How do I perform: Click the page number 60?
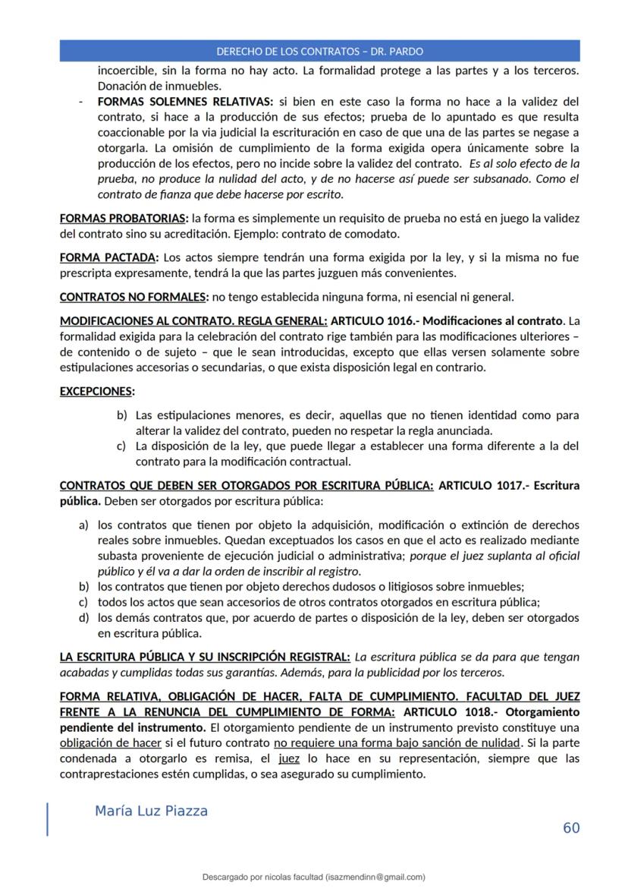coord(570,828)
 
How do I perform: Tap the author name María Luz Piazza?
coord(151,811)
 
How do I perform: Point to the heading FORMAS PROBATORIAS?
coord(124,219)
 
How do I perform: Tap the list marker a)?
coord(84,525)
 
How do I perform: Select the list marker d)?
coord(84,618)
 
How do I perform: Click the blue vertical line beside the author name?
coord(48,819)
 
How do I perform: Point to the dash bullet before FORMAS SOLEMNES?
coord(81,102)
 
